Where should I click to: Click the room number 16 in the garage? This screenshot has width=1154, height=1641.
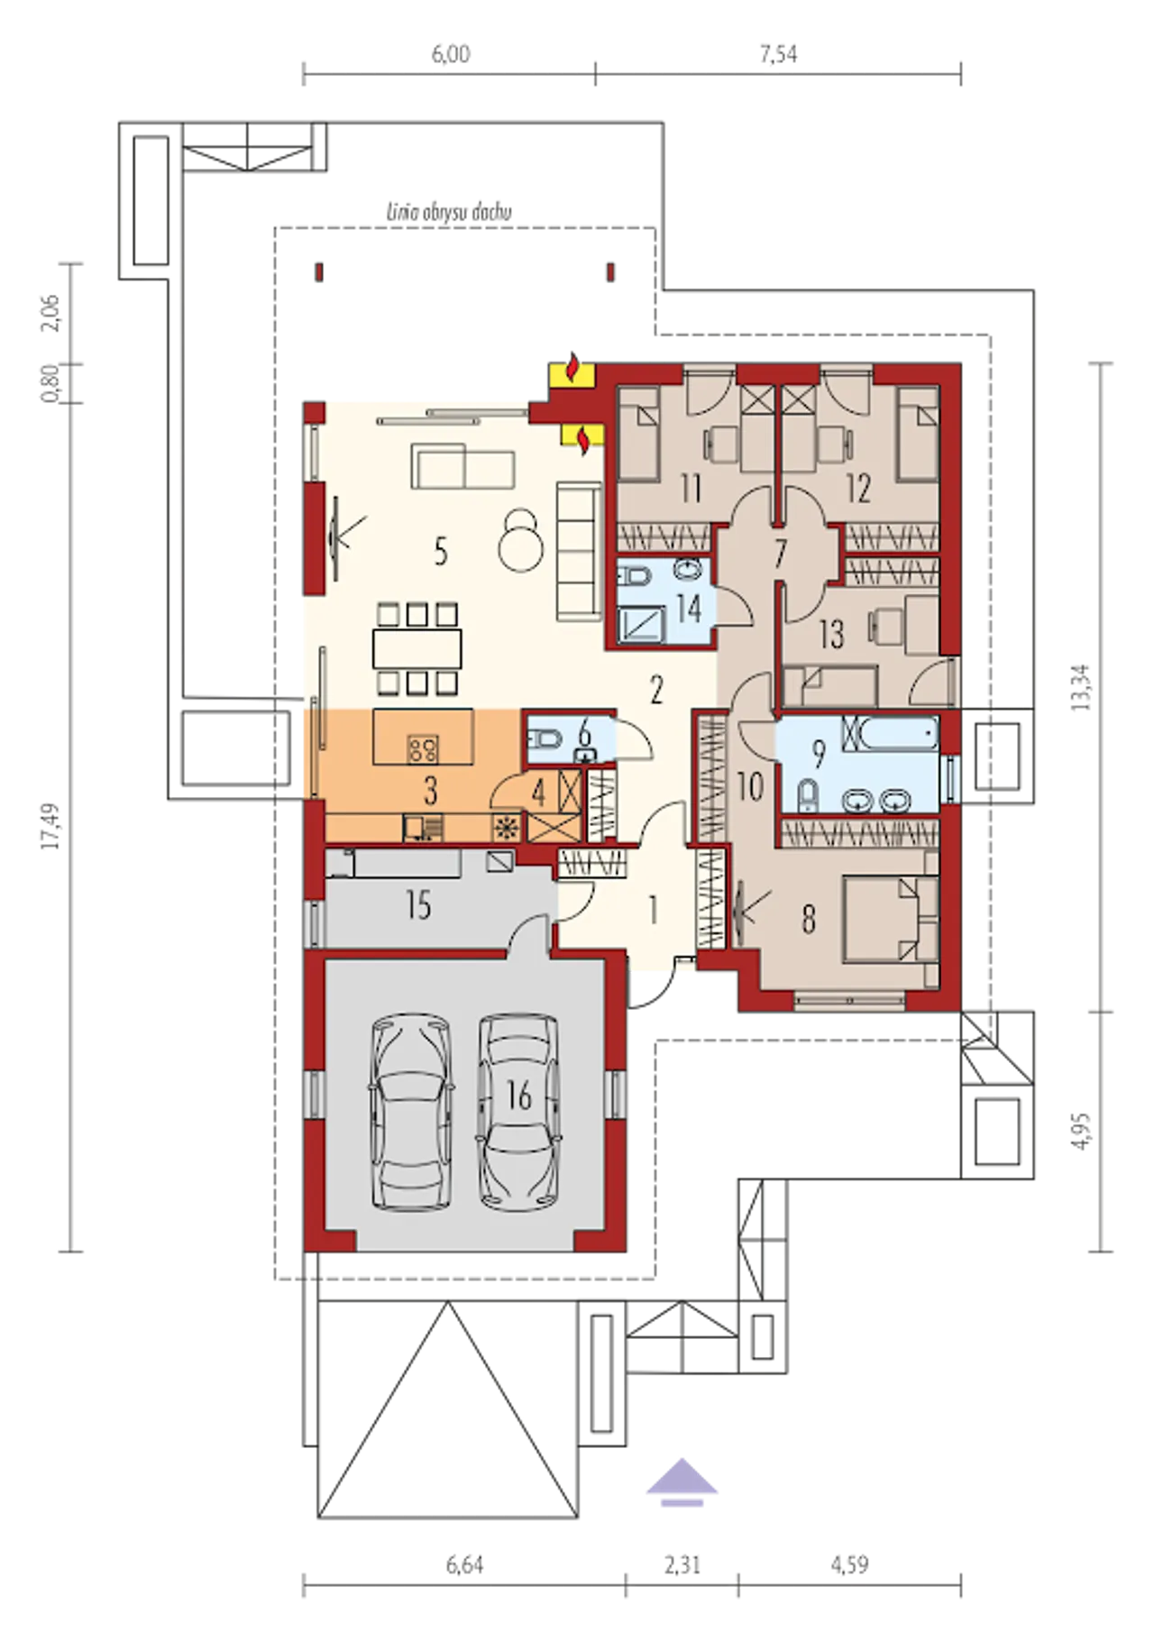[x=519, y=1096]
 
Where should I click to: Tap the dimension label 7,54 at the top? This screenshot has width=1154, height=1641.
[x=778, y=54]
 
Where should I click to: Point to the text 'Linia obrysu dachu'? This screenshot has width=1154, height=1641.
[x=448, y=213]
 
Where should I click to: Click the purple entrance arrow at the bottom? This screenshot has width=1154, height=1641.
[x=682, y=1481]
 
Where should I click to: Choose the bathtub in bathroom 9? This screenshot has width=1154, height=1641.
[x=890, y=734]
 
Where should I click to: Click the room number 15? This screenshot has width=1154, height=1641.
[x=417, y=904]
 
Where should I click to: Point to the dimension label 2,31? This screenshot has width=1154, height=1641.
[x=682, y=1565]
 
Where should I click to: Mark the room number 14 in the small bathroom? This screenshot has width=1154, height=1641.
[x=688, y=608]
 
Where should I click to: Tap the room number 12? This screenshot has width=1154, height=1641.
[x=857, y=489]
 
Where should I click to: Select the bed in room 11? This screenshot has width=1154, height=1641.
[x=639, y=433]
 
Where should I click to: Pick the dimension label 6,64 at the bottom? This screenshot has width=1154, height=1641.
[x=464, y=1565]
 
